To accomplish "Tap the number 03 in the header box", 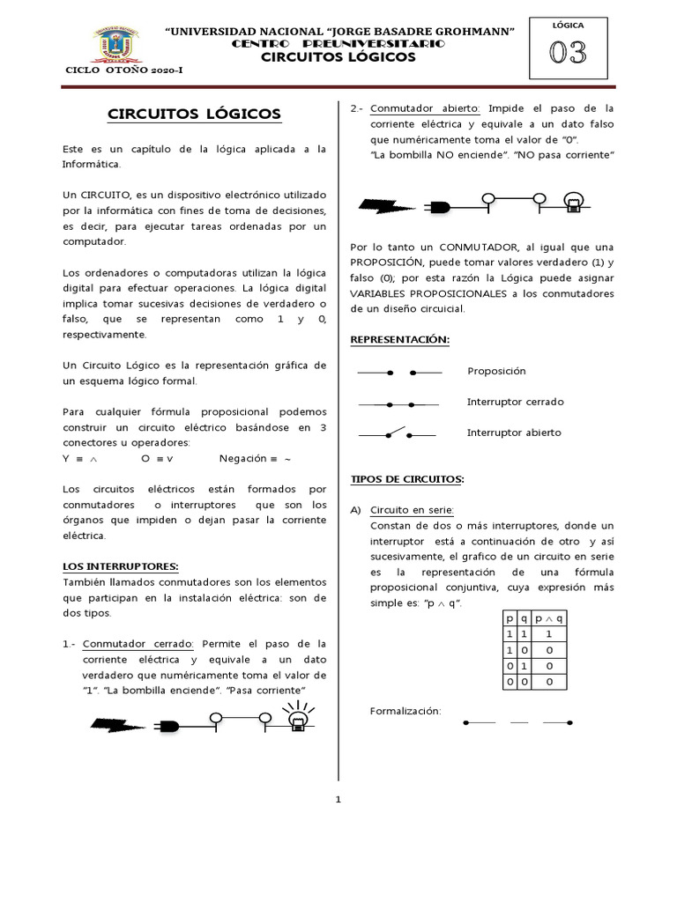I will click(x=568, y=54).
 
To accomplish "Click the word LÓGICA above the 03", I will click(x=568, y=26).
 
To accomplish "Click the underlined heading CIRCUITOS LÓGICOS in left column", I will click(x=194, y=114).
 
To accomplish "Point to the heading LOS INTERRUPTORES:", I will click(x=121, y=566).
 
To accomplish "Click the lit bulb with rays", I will click(x=299, y=719).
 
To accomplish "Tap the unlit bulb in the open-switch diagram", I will click(x=575, y=202).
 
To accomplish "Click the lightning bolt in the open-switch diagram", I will click(x=386, y=206).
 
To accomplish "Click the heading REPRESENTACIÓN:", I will click(x=399, y=339).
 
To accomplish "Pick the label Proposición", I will click(x=496, y=372).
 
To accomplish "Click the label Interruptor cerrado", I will click(x=515, y=402).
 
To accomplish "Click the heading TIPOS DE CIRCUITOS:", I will click(x=407, y=478).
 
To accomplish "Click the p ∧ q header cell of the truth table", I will click(x=549, y=618).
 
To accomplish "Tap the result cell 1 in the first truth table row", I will click(x=549, y=633).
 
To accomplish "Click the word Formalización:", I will click(x=405, y=711).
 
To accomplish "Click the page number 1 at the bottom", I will click(x=338, y=800).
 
